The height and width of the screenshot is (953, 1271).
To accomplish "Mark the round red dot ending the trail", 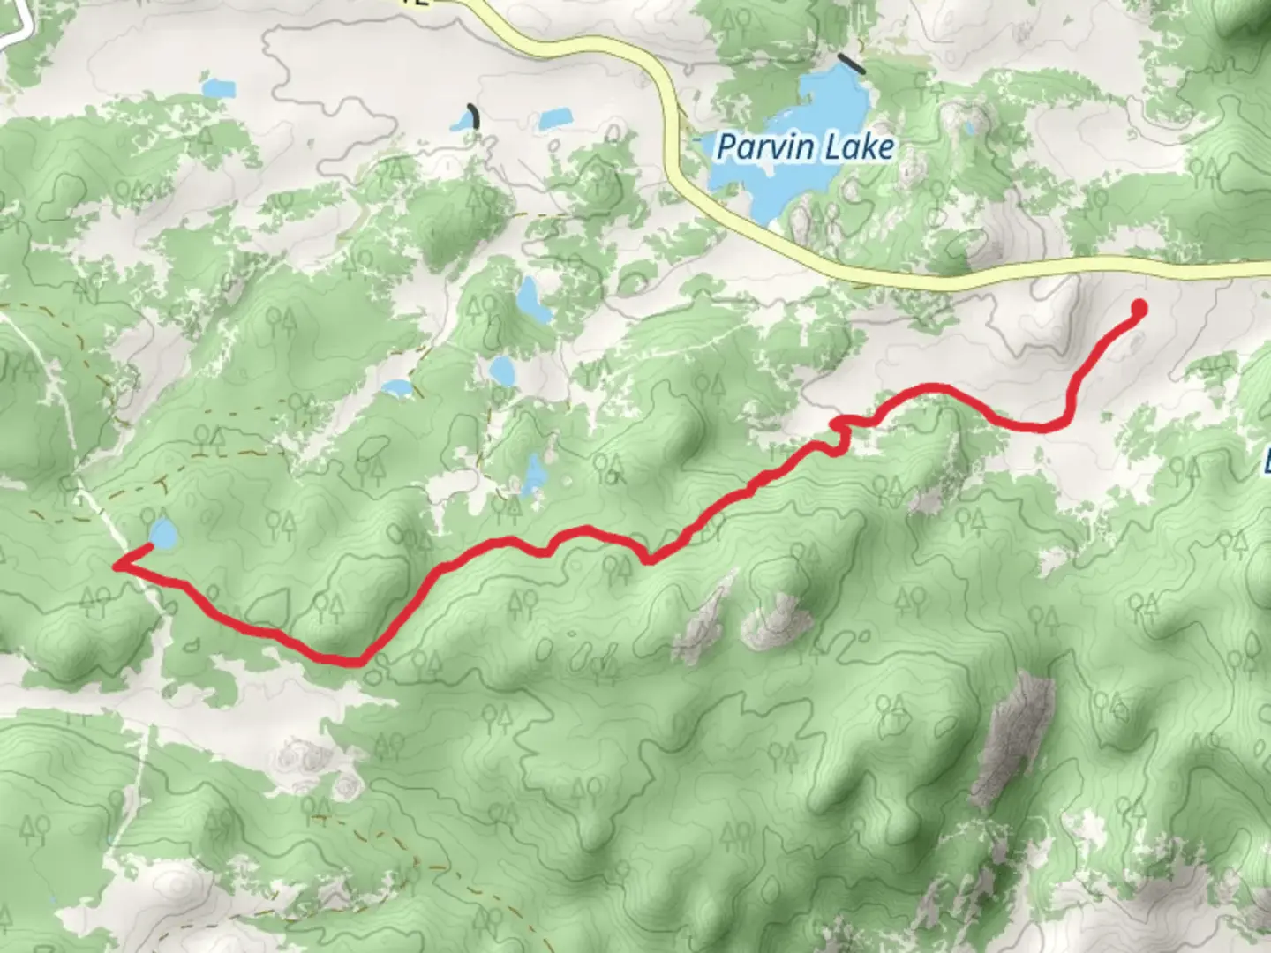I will click(1139, 307).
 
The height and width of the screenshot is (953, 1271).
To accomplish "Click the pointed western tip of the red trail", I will click(117, 565).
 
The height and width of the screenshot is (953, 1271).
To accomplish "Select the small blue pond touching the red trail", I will click(162, 533).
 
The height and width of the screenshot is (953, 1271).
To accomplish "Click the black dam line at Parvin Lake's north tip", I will click(852, 63).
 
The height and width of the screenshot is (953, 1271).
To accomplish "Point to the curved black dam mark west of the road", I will click(476, 116).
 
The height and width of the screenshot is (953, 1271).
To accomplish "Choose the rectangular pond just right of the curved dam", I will click(554, 118).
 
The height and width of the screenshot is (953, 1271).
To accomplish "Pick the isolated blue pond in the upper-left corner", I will click(218, 88).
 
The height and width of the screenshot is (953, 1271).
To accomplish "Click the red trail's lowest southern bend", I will click(349, 659).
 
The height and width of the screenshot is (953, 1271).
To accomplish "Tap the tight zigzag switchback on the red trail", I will click(843, 427).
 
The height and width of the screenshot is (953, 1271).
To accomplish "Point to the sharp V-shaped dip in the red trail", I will click(649, 558).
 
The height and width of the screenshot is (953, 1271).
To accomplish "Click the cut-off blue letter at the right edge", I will click(1266, 461).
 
